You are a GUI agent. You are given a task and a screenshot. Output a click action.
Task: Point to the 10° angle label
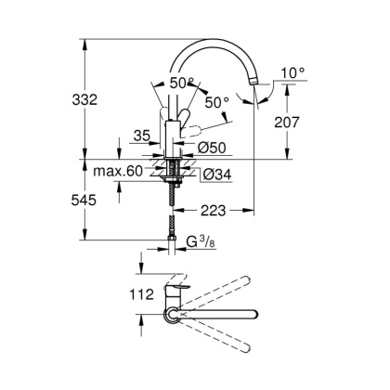[x=292, y=72]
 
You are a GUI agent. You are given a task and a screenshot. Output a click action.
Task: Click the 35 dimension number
[x=141, y=136]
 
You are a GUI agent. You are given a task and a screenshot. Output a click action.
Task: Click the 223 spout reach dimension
[x=213, y=209]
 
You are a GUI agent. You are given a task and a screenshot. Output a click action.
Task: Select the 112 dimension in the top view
[x=117, y=296]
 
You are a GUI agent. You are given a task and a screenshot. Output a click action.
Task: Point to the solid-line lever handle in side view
[x=186, y=119]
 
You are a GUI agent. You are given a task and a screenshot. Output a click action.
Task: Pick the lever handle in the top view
[x=178, y=292]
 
